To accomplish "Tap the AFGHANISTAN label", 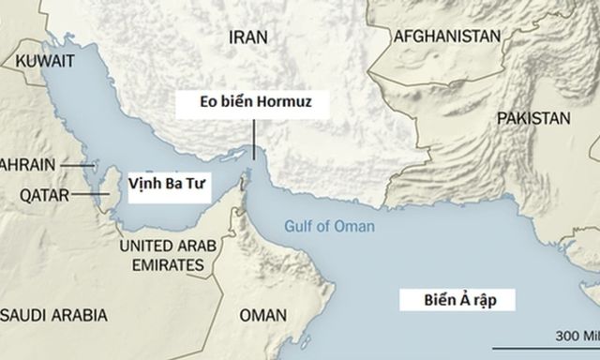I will (446, 37).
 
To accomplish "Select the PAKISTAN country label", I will (533, 119).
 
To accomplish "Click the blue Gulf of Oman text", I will (329, 227).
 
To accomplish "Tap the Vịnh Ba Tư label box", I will (156, 187).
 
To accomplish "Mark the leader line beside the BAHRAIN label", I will (74, 163).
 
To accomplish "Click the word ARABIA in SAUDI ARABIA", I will (79, 313).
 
